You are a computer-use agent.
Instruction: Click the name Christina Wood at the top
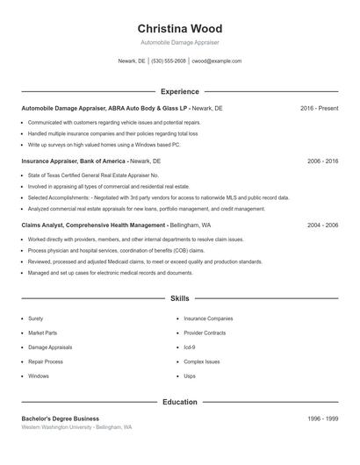point(180,28)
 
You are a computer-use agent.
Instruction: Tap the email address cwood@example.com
point(216,61)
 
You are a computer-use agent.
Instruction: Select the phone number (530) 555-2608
point(169,61)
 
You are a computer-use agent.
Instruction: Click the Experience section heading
point(180,91)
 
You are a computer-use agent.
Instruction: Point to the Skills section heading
point(180,299)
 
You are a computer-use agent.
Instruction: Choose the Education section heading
point(180,403)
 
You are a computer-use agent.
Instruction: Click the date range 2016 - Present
point(319,108)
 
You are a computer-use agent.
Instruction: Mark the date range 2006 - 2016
point(322,161)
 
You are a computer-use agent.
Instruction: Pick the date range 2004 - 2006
point(322,225)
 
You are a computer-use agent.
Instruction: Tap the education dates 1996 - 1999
point(322,419)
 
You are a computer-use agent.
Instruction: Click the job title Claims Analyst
point(42,225)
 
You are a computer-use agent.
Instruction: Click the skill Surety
point(35,318)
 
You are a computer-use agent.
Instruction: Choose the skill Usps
point(190,376)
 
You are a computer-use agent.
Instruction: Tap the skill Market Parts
point(42,333)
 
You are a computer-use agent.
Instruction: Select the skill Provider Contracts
point(205,333)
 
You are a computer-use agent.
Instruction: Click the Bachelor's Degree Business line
point(61,419)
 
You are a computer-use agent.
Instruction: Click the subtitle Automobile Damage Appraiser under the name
point(180,42)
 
